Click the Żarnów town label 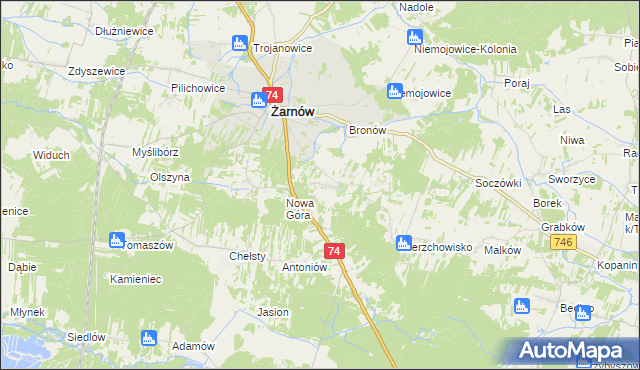click(292, 113)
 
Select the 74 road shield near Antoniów click(335, 251)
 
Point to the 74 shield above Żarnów click(272, 93)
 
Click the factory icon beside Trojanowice click(239, 43)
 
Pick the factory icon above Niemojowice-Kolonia click(415, 37)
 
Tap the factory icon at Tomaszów click(117, 240)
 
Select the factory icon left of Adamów click(149, 338)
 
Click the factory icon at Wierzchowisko click(403, 243)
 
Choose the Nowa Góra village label click(301, 208)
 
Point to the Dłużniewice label click(124, 31)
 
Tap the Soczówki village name click(499, 185)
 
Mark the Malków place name click(503, 250)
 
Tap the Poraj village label click(516, 83)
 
